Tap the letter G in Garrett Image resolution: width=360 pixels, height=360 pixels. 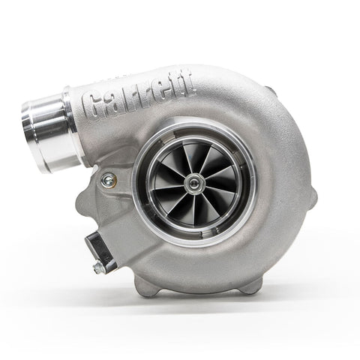point(95,107)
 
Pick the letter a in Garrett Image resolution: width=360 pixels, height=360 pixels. point(113,103)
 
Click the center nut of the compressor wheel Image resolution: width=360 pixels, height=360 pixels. point(196,181)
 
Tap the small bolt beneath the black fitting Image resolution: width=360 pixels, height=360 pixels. point(98,268)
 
